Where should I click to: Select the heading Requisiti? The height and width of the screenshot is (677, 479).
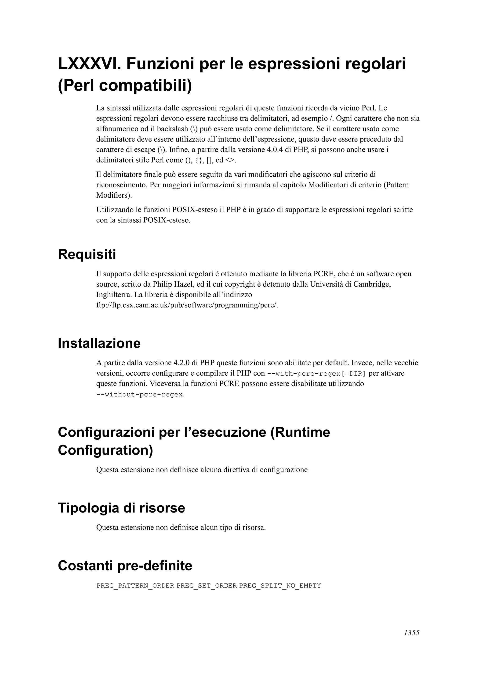[x=87, y=254]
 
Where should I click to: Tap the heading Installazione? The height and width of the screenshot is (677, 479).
[x=99, y=343]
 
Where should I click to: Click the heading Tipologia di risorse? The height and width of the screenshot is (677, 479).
[x=121, y=508]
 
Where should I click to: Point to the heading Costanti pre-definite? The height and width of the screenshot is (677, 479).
[x=125, y=566]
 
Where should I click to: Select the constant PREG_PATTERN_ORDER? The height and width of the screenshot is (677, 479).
[x=135, y=586]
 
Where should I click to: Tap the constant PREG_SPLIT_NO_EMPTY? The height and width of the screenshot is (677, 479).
[x=280, y=586]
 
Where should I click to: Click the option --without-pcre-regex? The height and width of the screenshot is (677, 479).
[x=140, y=395]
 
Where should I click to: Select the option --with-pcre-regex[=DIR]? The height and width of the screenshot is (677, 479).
[x=316, y=374]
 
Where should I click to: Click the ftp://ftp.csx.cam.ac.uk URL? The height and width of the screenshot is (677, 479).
[x=187, y=305]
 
